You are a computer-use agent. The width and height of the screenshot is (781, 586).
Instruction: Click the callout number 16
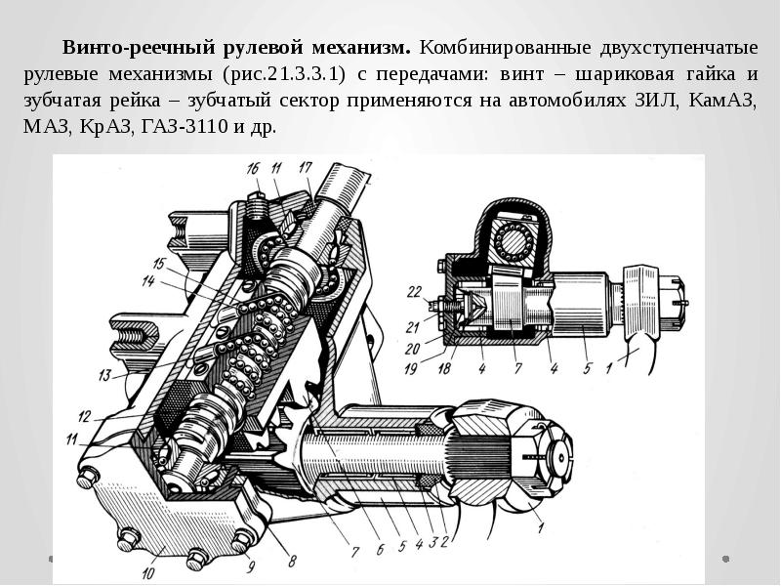253,168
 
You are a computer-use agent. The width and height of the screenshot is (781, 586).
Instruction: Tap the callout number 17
305,167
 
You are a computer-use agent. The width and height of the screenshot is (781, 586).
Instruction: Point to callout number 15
159,263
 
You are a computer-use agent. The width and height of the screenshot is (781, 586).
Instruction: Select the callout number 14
148,281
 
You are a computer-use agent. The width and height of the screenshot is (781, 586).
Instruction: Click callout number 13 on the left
104,374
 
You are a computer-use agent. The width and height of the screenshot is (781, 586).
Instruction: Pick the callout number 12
85,416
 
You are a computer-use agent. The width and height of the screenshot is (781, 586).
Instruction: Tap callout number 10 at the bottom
148,573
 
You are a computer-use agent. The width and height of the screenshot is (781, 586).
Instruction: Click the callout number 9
251,566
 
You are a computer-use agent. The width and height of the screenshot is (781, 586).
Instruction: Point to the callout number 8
292,562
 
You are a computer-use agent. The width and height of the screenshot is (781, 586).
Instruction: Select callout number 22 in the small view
414,291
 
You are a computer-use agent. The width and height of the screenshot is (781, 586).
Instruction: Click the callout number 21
413,327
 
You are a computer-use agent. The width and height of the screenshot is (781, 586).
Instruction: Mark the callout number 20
412,349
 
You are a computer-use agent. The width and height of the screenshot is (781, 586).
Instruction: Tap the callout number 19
411,369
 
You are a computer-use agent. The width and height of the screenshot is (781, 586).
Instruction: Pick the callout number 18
444,368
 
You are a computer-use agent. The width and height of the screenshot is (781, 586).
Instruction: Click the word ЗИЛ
657,101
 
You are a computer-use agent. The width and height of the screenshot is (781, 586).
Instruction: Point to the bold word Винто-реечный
139,48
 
